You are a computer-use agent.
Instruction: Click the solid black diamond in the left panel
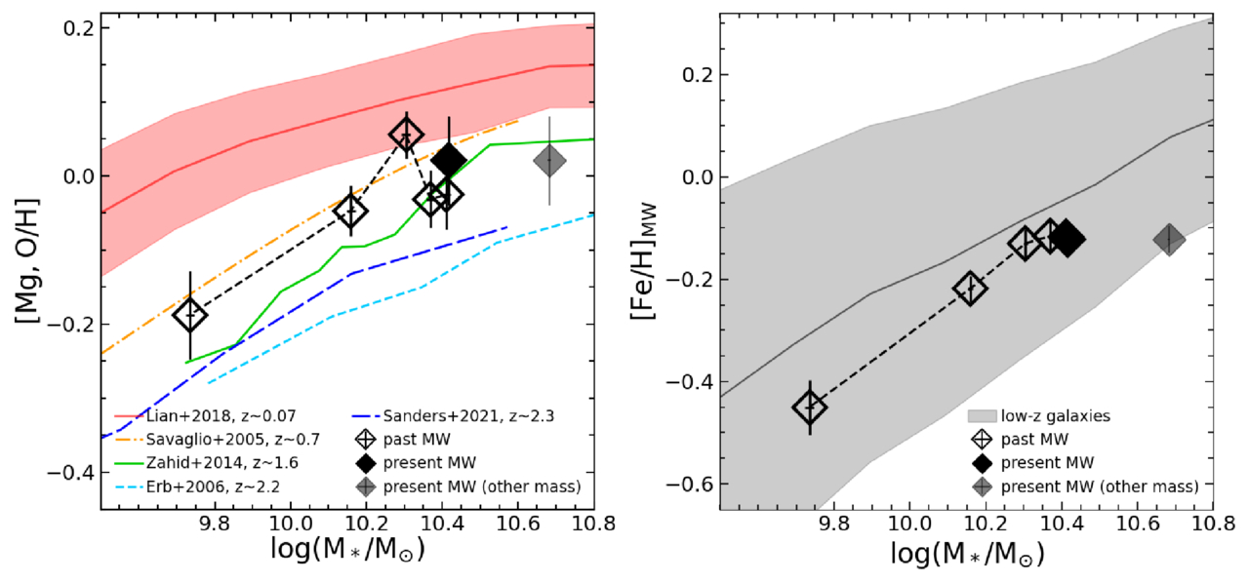tap(449, 161)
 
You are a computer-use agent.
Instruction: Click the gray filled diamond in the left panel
tap(549, 161)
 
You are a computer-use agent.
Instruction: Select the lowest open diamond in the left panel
tap(190, 315)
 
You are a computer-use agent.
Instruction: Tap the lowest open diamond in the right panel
tap(810, 407)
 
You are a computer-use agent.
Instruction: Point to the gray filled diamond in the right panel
tap(1169, 240)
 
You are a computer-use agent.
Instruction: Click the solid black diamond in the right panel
tap(1068, 239)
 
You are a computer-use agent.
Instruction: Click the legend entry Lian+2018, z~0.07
tap(205, 416)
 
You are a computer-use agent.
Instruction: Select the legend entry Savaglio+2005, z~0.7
tap(217, 440)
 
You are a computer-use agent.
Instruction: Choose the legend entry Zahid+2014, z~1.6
tap(206, 463)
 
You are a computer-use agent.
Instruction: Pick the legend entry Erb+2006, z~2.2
tap(197, 487)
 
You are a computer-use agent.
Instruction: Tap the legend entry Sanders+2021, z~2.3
tap(454, 416)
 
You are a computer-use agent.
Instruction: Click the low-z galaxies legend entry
tap(1039, 416)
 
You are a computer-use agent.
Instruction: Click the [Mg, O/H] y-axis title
tap(27, 260)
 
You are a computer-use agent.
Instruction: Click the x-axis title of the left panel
tap(348, 550)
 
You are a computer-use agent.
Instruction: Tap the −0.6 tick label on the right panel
tap(688, 484)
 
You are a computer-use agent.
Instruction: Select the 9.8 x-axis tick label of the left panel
tap(214, 525)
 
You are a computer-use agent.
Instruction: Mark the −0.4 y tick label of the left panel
tap(70, 473)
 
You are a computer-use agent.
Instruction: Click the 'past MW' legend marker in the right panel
tap(982, 440)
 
